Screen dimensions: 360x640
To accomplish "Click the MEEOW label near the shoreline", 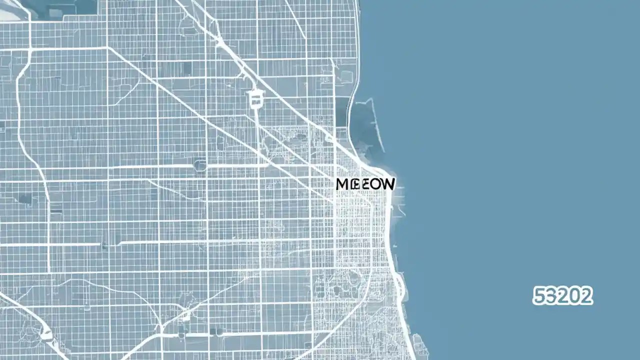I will point(365,184).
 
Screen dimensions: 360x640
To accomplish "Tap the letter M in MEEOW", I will point(342,184).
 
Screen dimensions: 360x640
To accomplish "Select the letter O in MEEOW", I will point(373,184).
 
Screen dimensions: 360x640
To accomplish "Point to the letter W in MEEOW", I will point(387,184).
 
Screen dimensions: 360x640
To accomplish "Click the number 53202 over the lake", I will point(562,296).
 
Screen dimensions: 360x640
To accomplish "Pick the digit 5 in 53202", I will point(539,296).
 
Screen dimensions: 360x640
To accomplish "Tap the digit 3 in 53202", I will point(550,296).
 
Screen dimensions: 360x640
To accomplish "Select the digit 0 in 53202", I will point(574,296).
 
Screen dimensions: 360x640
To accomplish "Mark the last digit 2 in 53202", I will point(586,296).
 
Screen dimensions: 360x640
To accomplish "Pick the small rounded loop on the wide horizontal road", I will point(200,165).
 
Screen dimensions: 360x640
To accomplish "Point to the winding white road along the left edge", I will point(20,115).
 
